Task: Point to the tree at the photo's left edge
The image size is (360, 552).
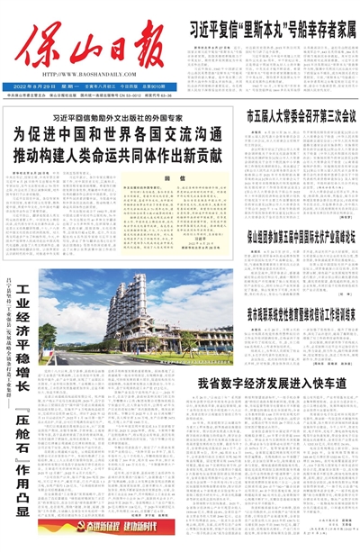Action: [x=47, y=338]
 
